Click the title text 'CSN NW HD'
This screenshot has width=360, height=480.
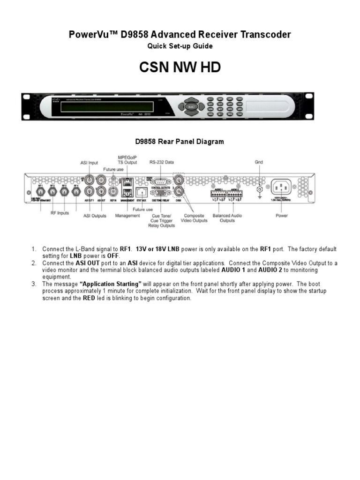click(x=180, y=68)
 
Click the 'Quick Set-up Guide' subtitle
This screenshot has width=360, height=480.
click(x=180, y=46)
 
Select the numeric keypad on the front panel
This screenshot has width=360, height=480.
click(x=225, y=107)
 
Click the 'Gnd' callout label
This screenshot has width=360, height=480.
click(x=258, y=162)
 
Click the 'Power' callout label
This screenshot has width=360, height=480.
click(x=282, y=216)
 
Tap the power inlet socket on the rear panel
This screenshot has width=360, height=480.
click(x=282, y=188)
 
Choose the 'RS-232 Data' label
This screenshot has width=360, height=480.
click(x=161, y=162)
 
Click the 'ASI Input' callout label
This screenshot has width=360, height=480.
click(x=89, y=162)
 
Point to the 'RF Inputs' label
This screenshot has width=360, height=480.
click(x=60, y=213)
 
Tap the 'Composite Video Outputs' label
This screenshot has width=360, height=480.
click(x=194, y=218)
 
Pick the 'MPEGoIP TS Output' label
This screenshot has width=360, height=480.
click(x=127, y=159)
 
